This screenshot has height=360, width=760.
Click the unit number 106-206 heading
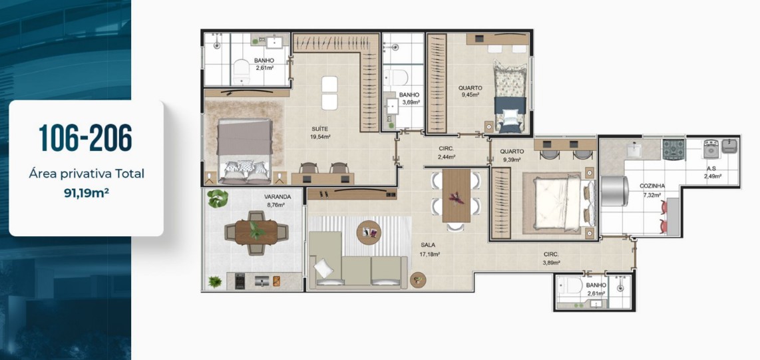[85, 138]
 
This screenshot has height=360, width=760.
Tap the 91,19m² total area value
[87, 192]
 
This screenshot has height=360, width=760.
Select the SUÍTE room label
[320, 129]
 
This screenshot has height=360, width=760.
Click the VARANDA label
[278, 197]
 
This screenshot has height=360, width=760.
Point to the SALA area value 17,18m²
[429, 254]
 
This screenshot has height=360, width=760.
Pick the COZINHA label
[652, 186]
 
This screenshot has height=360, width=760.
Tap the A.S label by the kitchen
[711, 168]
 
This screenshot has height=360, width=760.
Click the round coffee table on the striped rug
[369, 233]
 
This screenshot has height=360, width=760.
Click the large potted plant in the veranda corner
[217, 199]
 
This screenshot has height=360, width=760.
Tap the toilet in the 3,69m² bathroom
[395, 78]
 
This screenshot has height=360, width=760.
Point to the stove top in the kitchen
[673, 149]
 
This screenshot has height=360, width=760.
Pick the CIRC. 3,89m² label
[552, 258]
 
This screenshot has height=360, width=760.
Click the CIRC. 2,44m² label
[447, 152]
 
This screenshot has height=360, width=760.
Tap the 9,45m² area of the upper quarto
[470, 95]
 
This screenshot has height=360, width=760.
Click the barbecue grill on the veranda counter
[240, 281]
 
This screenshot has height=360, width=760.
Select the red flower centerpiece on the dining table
[456, 198]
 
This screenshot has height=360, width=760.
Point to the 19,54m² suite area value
[320, 136]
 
